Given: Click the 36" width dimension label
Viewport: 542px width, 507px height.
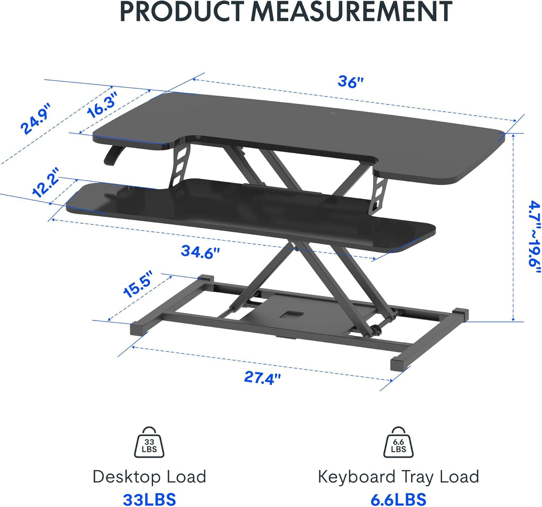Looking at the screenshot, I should [350, 81].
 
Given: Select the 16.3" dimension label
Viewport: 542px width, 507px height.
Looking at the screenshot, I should [102, 105].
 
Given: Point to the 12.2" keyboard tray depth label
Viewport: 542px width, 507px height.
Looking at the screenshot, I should [46, 182].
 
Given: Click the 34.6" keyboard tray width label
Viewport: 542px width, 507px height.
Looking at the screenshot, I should [200, 252].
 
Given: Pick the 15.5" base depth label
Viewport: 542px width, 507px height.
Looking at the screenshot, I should [138, 284].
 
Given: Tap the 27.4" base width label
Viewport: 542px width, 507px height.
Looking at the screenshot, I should [262, 377].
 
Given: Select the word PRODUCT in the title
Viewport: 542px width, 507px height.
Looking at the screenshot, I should [182, 12].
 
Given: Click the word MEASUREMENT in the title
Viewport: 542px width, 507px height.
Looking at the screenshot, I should [351, 12].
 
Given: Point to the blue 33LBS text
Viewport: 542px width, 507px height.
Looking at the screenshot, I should [149, 500].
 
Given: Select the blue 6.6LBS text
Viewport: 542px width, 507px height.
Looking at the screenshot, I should [398, 500].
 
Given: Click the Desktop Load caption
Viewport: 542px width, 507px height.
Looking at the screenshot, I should [149, 477].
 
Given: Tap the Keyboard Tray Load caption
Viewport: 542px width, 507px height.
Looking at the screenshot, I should [398, 477].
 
